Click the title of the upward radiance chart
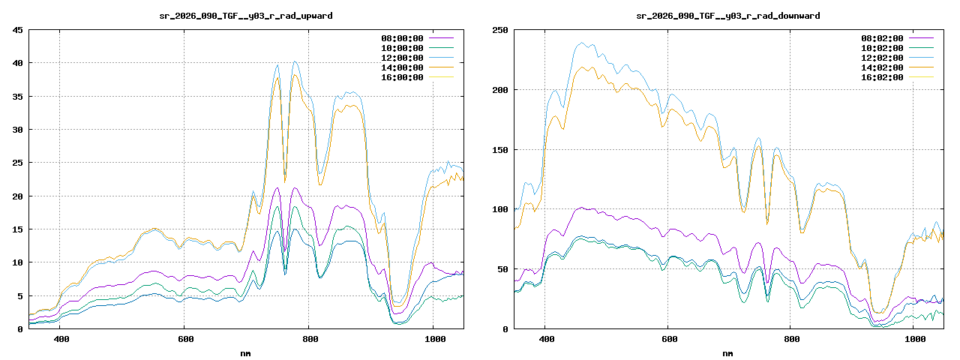coord(246,15)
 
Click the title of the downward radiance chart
coord(727,15)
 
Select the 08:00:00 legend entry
coord(402,38)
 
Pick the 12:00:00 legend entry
coord(402,58)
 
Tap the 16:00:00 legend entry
coord(402,77)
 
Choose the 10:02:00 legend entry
coord(882,48)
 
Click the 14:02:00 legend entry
coord(882,67)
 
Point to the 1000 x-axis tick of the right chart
coord(913,339)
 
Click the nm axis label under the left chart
coord(246,352)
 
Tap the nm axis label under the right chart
coord(727,352)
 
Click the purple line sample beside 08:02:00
coord(921,38)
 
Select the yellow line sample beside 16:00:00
coord(441,77)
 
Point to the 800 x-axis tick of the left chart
coord(308,339)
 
